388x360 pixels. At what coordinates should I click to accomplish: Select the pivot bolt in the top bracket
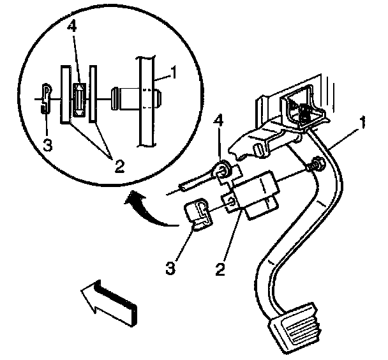coord(306,114)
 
